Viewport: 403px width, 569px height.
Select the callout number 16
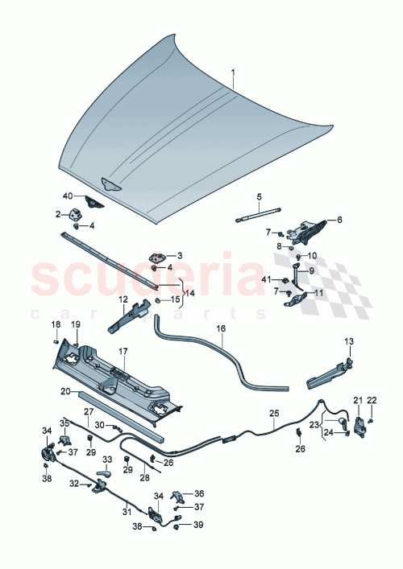(219, 329)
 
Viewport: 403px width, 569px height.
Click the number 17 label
(123, 351)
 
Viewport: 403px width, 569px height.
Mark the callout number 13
(349, 342)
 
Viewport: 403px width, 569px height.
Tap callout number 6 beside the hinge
(339, 219)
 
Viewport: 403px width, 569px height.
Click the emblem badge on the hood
(109, 184)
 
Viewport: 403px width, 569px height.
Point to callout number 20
(66, 391)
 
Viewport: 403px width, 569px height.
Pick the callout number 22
(371, 400)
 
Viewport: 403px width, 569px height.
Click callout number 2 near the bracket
(58, 213)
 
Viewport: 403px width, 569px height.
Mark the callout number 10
(313, 256)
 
